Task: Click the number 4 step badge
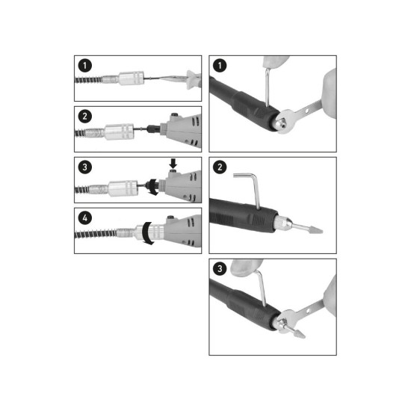[85, 218]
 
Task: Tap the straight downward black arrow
[173, 164]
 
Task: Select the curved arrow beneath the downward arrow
[152, 187]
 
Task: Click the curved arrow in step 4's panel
[147, 234]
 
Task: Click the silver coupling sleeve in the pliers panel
[132, 78]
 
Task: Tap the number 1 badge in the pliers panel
[85, 66]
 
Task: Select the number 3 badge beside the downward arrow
[85, 167]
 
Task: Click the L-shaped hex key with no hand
[248, 189]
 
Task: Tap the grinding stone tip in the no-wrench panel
[315, 229]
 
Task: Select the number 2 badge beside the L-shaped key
[220, 167]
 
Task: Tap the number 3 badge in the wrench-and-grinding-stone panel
[220, 268]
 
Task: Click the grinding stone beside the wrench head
[299, 333]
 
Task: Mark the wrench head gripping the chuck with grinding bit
[286, 321]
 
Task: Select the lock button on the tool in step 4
[170, 217]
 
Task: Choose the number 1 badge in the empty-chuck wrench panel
[220, 66]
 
